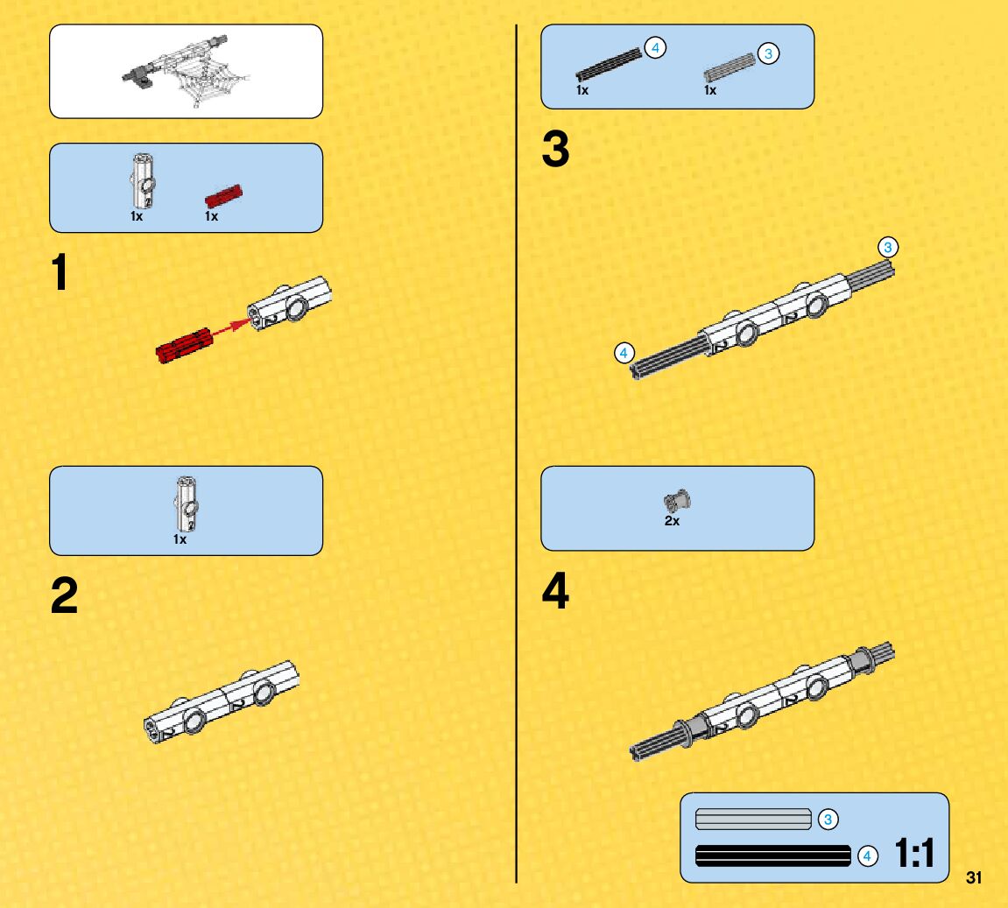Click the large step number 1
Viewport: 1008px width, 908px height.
pyautogui.click(x=59, y=272)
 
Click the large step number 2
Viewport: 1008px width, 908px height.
pyautogui.click(x=64, y=597)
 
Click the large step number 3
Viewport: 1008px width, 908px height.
pyautogui.click(x=555, y=150)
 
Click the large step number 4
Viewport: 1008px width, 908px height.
pyautogui.click(x=555, y=592)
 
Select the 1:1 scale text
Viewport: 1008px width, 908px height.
pyautogui.click(x=914, y=854)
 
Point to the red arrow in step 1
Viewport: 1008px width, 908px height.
pyautogui.click(x=230, y=327)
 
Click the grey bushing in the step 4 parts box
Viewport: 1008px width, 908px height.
pyautogui.click(x=677, y=502)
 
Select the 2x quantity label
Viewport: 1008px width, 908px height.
pyautogui.click(x=672, y=521)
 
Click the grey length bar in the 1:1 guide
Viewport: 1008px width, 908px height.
pyautogui.click(x=753, y=820)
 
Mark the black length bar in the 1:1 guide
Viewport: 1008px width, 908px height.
pyautogui.click(x=772, y=855)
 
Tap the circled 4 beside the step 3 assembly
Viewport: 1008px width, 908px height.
pyautogui.click(x=624, y=353)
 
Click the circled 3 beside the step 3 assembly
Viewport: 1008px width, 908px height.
pyautogui.click(x=888, y=248)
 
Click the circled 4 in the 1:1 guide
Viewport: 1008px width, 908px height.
pyautogui.click(x=867, y=856)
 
